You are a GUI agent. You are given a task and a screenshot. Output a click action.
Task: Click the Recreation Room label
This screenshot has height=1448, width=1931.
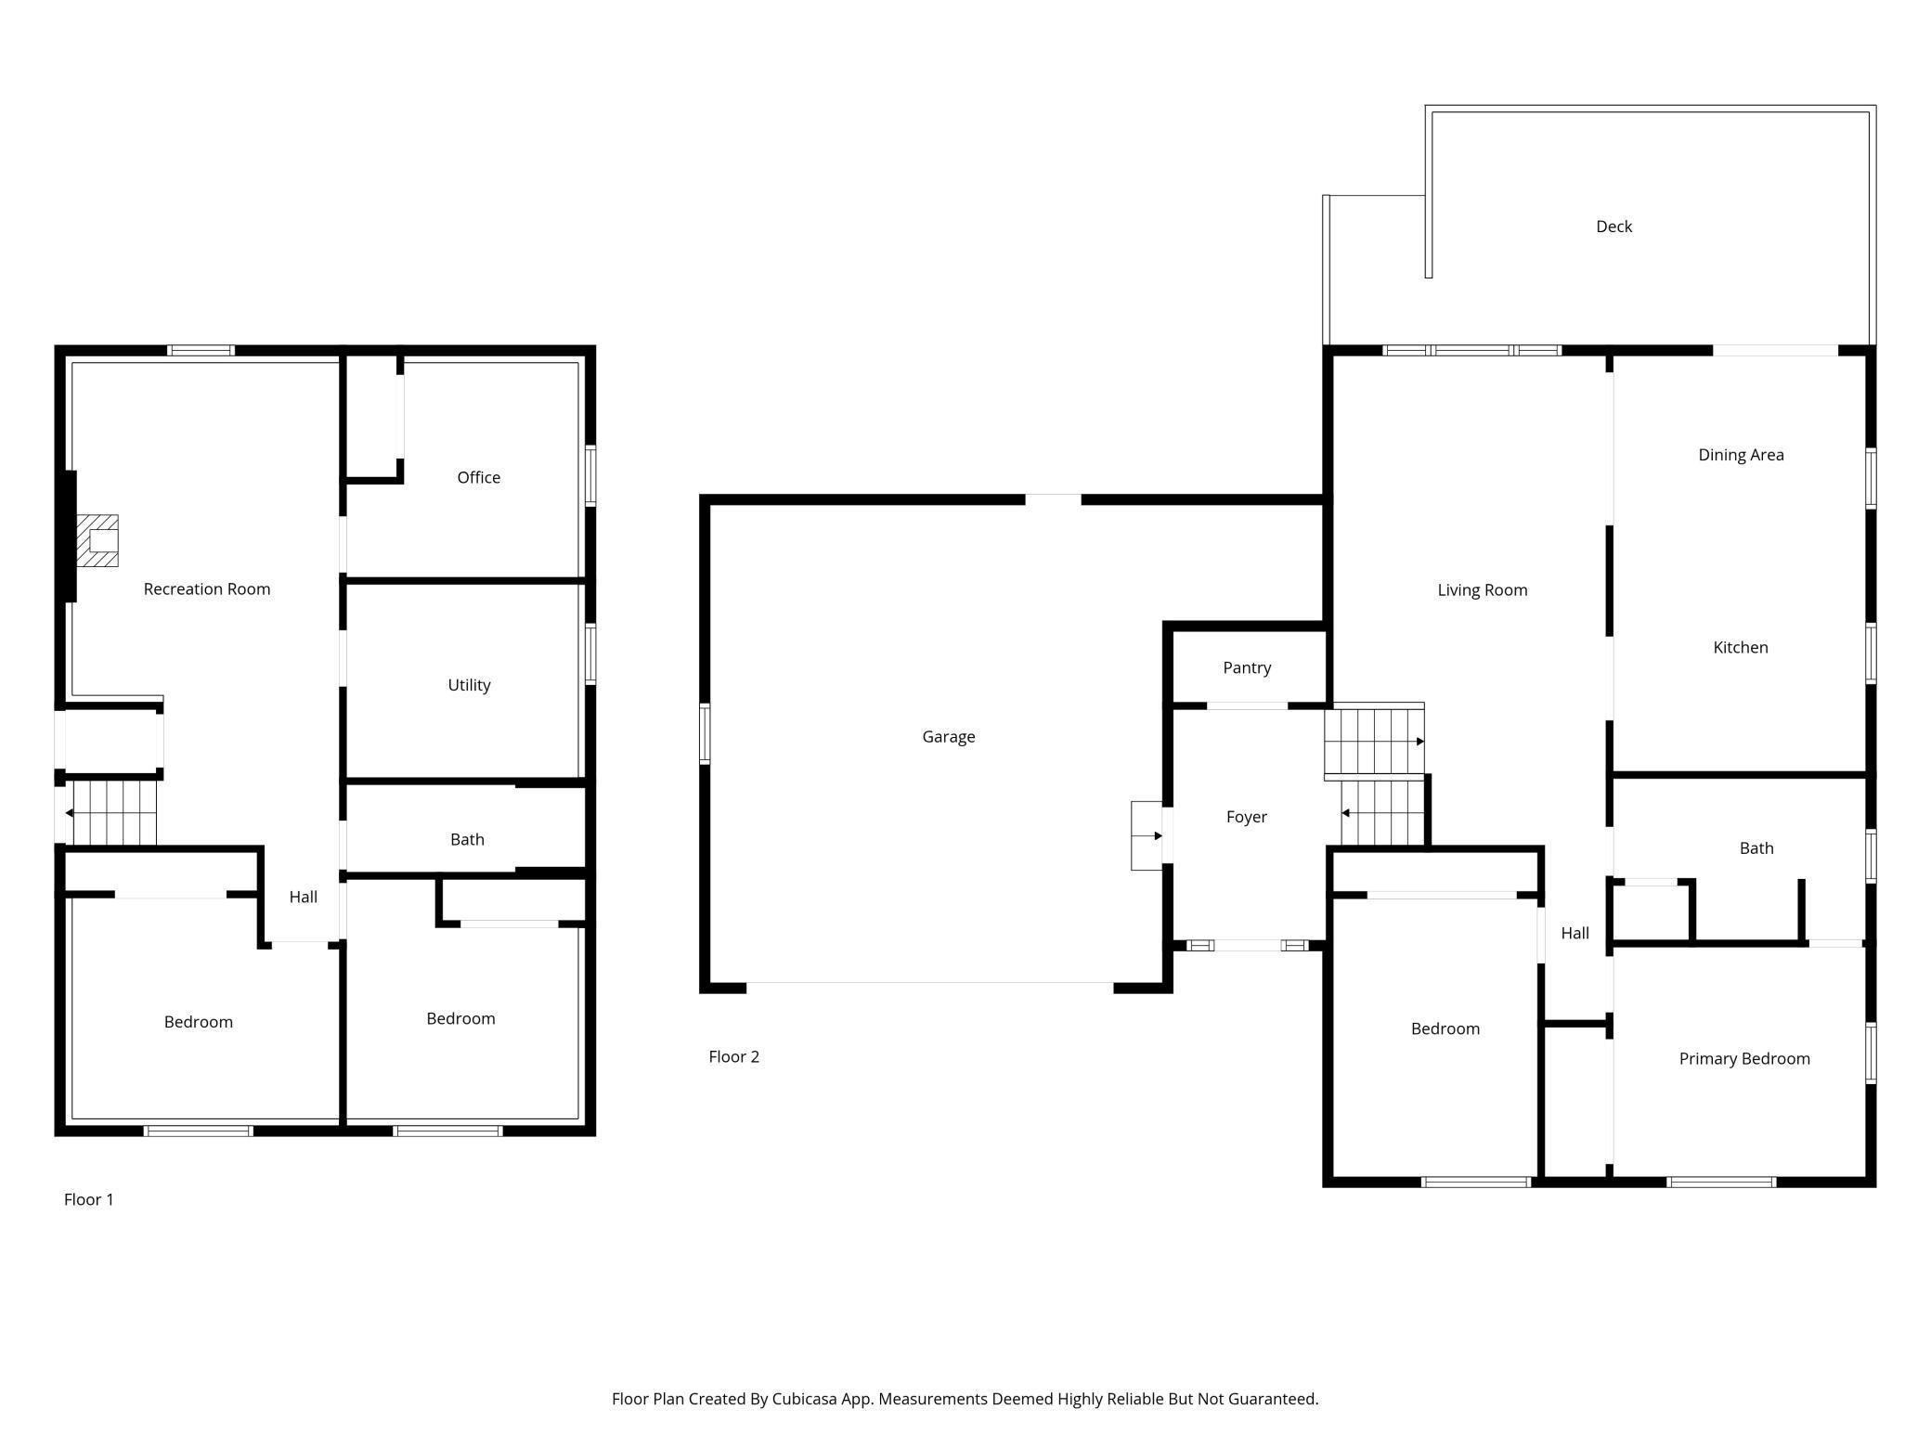(207, 589)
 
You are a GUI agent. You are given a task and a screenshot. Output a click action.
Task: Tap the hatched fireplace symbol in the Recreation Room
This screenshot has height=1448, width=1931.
(97, 540)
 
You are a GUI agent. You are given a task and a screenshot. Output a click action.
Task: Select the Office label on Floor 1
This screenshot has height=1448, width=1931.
(479, 478)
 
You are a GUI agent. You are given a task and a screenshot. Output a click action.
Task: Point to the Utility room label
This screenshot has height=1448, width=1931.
(469, 686)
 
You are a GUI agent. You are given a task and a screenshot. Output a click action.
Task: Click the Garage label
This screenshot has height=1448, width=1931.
(949, 737)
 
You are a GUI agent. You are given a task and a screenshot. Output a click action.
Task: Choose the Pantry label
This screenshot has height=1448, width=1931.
(1247, 668)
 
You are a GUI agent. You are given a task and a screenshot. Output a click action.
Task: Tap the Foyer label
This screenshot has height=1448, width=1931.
(1247, 818)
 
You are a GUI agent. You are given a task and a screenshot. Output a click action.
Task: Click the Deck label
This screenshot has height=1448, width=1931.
(1613, 226)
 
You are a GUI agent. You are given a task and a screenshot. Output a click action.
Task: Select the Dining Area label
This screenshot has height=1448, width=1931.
(1741, 455)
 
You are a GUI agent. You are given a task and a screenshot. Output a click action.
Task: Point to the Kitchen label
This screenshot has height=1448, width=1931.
(1741, 648)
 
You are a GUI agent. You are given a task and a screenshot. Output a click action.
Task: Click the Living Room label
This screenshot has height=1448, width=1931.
(1483, 590)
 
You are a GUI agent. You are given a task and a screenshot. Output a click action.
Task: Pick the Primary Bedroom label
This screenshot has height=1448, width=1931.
(1744, 1059)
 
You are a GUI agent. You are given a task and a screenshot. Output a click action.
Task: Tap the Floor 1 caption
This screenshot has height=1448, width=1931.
(89, 1200)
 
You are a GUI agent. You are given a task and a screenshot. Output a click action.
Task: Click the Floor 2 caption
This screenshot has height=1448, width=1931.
(733, 1057)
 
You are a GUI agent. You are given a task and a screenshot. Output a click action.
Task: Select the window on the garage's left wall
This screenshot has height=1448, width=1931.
(705, 734)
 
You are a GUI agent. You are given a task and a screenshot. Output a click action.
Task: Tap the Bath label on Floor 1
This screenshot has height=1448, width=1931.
(467, 840)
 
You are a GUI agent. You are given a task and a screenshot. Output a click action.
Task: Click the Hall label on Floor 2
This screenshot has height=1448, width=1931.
(1575, 934)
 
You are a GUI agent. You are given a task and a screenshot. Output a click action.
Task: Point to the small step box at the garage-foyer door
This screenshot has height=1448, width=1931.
(1147, 836)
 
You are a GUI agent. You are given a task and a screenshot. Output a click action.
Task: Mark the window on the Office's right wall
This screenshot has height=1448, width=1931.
(590, 476)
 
